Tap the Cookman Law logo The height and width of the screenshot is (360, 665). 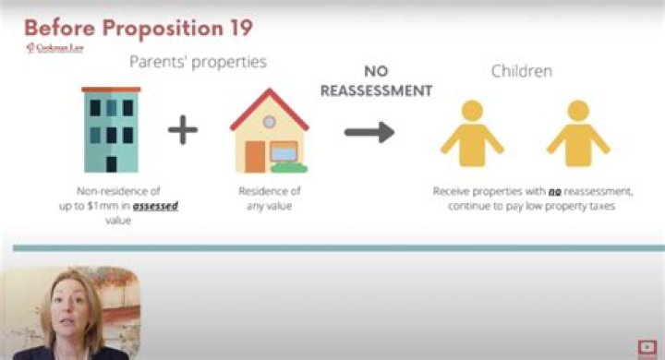coord(54,48)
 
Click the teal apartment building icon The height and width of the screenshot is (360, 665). coord(111,129)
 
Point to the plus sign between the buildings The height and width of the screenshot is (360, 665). coord(184,130)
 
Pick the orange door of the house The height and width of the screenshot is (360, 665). coord(255,157)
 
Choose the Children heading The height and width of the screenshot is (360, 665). coord(523,70)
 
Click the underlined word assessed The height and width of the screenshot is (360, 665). coord(155,206)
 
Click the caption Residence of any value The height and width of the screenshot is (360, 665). coord(270,198)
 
